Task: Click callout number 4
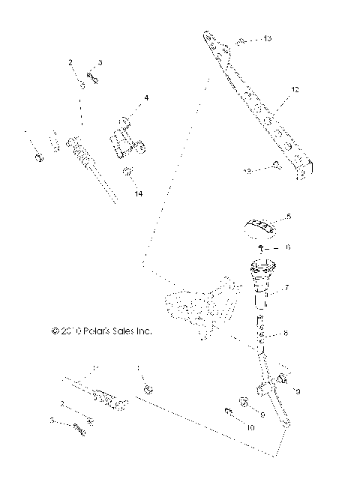tap(146, 98)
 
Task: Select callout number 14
tap(136, 193)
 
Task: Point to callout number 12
tap(295, 90)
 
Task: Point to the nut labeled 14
tap(127, 173)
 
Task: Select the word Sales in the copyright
tap(124, 329)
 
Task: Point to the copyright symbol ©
tap(55, 329)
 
